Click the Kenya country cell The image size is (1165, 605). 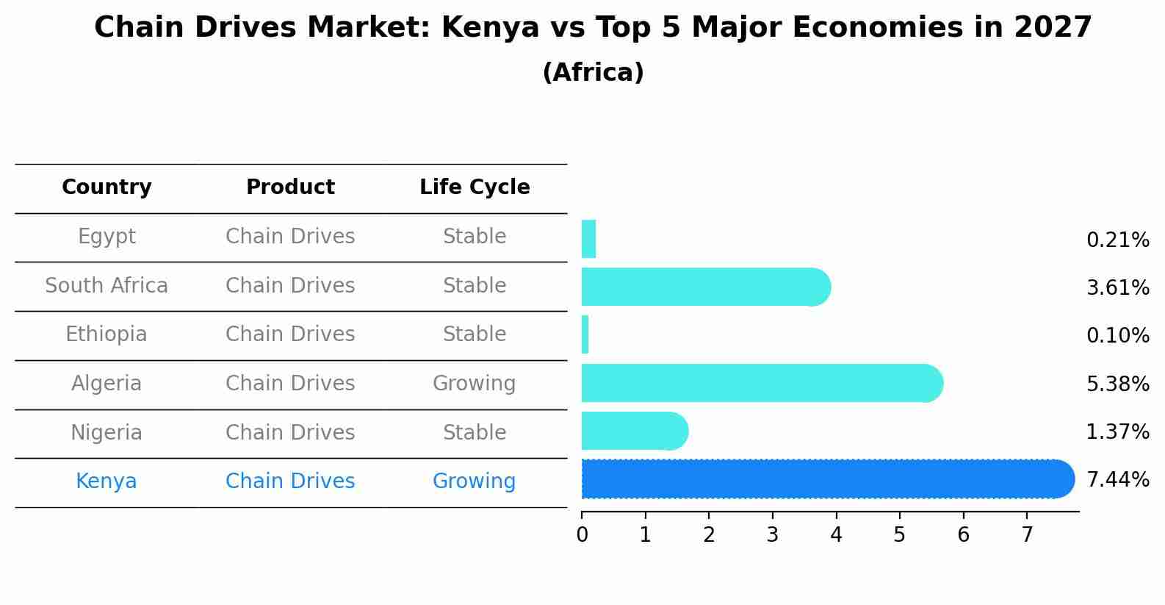(107, 482)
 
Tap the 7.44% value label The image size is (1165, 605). (1117, 480)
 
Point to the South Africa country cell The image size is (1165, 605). (107, 285)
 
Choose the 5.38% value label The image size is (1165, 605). (1117, 384)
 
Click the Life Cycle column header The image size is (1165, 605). (475, 187)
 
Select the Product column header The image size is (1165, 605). (290, 187)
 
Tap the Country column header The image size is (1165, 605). (107, 187)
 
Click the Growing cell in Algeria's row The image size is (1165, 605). (475, 384)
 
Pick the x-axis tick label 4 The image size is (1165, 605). (836, 535)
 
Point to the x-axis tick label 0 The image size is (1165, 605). (582, 535)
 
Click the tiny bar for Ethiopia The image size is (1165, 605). (585, 334)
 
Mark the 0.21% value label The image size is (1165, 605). (1117, 240)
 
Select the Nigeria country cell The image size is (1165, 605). (107, 432)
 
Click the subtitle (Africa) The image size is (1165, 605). (593, 73)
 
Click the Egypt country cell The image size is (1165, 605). (107, 237)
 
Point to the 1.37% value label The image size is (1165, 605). (1117, 432)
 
